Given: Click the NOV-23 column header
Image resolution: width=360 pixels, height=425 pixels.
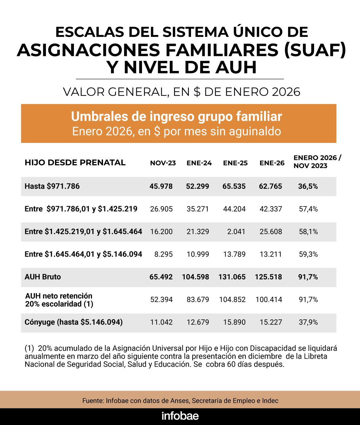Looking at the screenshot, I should [x=163, y=163].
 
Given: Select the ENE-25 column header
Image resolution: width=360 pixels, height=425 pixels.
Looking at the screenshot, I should [x=235, y=163].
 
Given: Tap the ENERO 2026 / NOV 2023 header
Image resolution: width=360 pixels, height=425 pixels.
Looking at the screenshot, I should [x=317, y=162].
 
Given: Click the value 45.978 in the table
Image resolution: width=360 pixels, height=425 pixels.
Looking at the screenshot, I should [x=161, y=186].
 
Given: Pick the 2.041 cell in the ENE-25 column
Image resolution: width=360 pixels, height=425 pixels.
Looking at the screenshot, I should [x=236, y=231].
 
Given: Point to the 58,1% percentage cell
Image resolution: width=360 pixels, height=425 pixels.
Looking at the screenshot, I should [x=308, y=231].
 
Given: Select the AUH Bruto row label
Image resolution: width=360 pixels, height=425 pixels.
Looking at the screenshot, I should [x=43, y=277].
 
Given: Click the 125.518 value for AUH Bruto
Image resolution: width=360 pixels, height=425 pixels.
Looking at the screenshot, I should [x=268, y=277].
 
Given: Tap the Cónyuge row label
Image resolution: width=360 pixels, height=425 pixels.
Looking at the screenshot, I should [x=73, y=322].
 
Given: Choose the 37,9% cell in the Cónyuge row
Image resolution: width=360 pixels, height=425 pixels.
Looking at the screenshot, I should [x=308, y=322].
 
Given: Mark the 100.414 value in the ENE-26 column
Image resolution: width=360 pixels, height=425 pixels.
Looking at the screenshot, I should [x=269, y=299].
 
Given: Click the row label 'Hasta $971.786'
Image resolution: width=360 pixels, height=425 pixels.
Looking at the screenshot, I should [x=52, y=186].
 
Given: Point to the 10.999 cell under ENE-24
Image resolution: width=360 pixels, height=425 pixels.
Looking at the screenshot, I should [x=198, y=254].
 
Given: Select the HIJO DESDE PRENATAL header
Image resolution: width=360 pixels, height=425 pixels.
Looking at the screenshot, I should [x=75, y=163].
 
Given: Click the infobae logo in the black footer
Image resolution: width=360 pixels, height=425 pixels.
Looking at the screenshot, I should [x=180, y=416].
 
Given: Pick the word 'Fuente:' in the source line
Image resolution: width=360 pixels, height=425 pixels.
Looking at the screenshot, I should [x=93, y=401].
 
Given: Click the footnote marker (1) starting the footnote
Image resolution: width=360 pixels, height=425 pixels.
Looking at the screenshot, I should [x=29, y=348].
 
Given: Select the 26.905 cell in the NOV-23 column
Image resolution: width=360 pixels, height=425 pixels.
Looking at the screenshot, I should [x=161, y=209].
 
